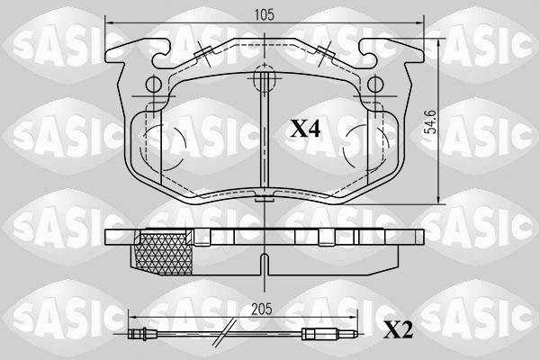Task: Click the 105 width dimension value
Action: [263, 15]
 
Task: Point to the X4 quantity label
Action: [304, 129]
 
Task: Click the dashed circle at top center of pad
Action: [263, 81]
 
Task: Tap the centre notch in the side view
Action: [263, 264]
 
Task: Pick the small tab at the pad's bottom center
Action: [263, 200]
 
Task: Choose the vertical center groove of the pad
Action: [263, 144]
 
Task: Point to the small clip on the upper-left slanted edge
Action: [202, 57]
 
